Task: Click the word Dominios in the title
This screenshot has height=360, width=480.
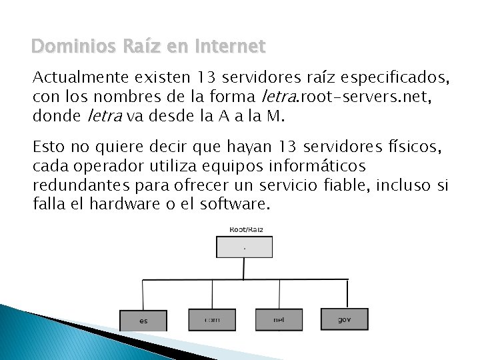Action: [x=63, y=47]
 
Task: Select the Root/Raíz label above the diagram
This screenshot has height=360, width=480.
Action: [x=245, y=229]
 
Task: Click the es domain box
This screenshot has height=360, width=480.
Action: [x=143, y=319]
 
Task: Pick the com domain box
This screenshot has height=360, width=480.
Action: [x=212, y=319]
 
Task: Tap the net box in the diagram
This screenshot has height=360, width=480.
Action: [x=279, y=319]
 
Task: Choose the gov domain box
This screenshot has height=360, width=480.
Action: [x=344, y=319]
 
